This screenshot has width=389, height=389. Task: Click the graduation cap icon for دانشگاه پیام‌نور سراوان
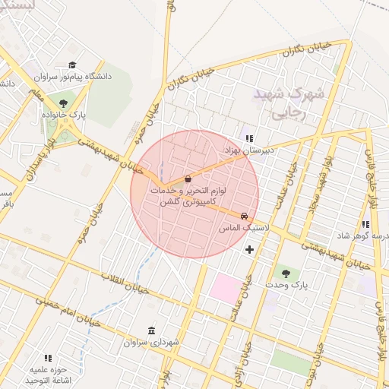72,65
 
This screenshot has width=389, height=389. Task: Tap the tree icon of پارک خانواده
62,104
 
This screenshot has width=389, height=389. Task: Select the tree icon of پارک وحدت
286,273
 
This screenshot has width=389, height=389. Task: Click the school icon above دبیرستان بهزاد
248,138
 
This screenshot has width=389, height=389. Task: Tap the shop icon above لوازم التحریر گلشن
188,179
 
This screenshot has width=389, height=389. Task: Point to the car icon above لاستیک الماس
243,216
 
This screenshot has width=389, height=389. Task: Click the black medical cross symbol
249,249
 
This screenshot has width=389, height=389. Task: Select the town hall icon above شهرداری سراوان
152,331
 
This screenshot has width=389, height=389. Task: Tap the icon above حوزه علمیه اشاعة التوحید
48,358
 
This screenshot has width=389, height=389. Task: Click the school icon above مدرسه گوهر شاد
365,224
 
